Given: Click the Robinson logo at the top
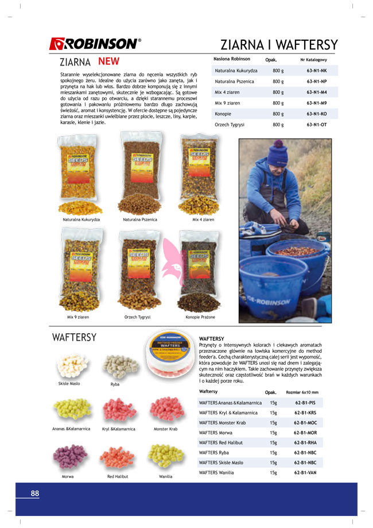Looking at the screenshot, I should [95, 43].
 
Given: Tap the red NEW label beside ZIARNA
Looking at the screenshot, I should [108, 61].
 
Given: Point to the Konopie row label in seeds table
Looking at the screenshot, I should [223, 114].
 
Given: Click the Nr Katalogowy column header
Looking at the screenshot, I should [313, 59].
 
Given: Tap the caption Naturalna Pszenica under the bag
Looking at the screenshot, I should [140, 219].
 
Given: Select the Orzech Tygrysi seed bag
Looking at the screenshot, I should [139, 269].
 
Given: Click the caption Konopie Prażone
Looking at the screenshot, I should [200, 317].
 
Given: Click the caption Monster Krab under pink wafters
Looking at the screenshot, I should [165, 429].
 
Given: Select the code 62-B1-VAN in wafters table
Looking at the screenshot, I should [305, 473].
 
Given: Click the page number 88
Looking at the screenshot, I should [35, 493].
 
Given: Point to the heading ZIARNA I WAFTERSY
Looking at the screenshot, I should [279, 45].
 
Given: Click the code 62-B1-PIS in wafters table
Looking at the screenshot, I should [305, 403].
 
